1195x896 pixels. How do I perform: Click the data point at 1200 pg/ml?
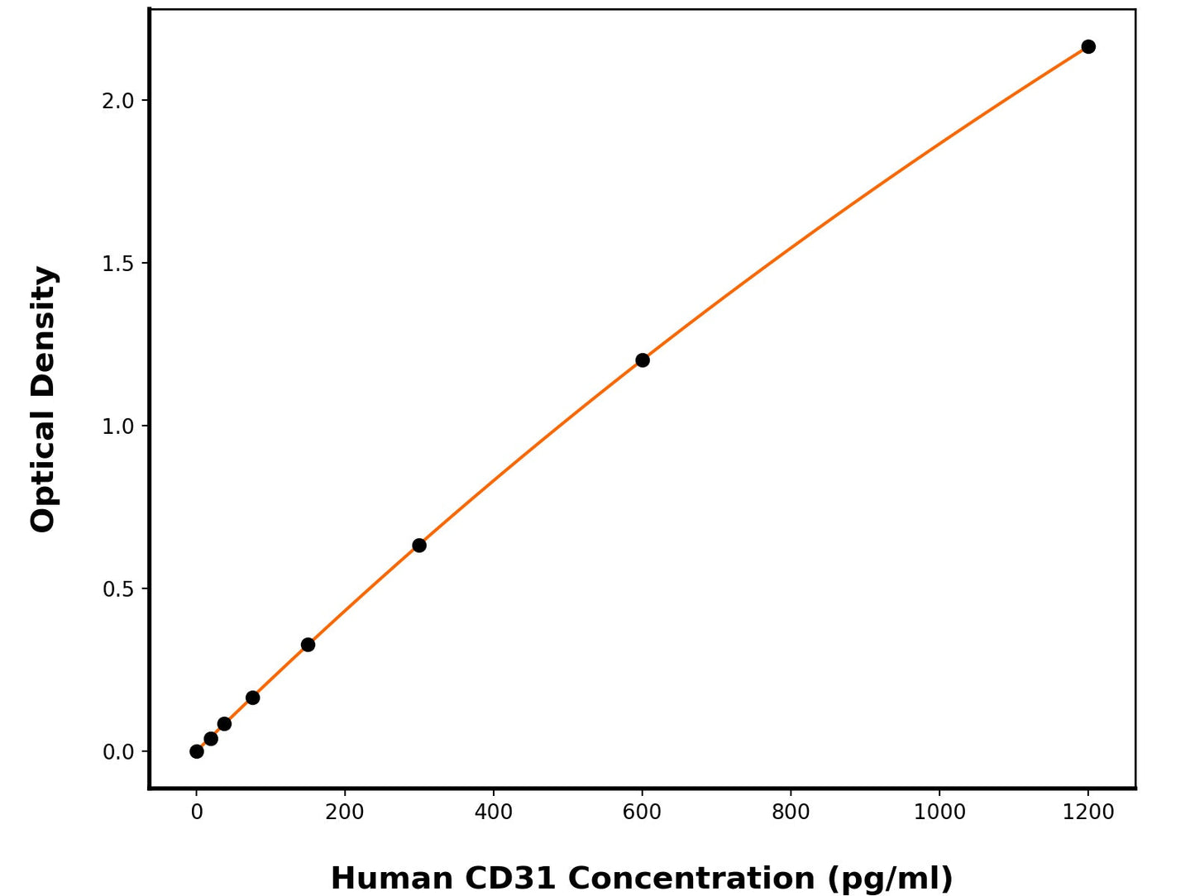tap(1088, 46)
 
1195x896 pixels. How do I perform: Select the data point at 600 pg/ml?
tap(643, 360)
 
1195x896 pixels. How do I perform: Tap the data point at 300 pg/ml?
tap(419, 546)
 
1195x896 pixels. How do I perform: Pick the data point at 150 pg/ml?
tap(308, 645)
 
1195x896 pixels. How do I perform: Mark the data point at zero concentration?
tap(197, 751)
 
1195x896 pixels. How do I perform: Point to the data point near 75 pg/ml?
tap(253, 698)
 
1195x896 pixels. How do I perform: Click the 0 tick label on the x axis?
tap(197, 813)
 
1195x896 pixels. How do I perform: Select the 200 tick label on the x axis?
tap(345, 813)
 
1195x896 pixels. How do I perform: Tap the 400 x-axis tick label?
tap(494, 813)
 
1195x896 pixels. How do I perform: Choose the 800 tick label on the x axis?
tap(791, 813)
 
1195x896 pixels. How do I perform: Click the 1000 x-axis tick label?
tap(939, 813)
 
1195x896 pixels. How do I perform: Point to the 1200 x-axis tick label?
tap(1088, 813)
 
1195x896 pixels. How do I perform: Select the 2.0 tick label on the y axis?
tap(117, 101)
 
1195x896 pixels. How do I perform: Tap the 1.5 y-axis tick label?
tap(117, 264)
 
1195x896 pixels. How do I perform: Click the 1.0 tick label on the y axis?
tap(117, 427)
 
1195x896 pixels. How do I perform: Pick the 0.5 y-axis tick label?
tap(117, 589)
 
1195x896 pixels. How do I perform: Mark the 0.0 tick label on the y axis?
tap(117, 752)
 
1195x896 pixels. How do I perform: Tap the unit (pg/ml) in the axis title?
tap(890, 879)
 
